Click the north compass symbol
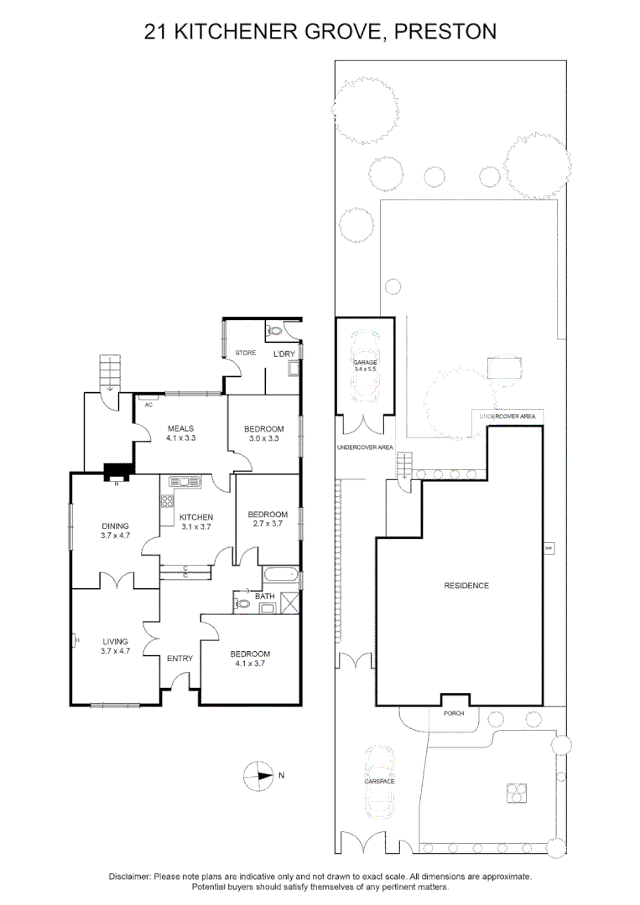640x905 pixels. [260, 775]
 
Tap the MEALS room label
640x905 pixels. [180, 428]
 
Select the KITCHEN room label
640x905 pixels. [196, 517]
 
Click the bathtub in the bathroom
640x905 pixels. [278, 577]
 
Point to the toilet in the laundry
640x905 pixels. [275, 332]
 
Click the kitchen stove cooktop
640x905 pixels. [166, 503]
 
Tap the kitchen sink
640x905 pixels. [180, 482]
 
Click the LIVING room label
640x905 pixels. [114, 641]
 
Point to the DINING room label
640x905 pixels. [114, 525]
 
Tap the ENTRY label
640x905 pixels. [180, 658]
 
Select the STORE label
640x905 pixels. [245, 353]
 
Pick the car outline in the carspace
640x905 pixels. [379, 781]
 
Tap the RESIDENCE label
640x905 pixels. [466, 586]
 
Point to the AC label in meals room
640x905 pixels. [148, 404]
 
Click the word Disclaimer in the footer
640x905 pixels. [130, 876]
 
